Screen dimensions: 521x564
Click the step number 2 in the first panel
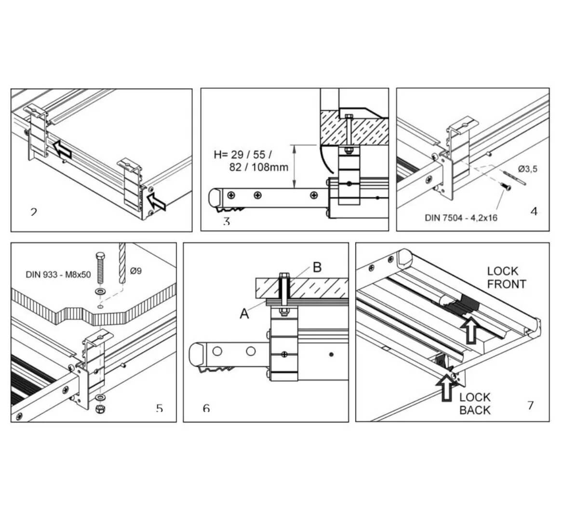point(33,212)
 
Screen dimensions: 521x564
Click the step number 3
point(227,222)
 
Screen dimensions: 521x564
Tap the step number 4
point(534,211)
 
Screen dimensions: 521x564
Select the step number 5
point(159,408)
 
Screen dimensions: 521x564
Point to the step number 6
point(206,408)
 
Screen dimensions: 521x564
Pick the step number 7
point(530,405)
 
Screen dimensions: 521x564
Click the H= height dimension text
point(251,161)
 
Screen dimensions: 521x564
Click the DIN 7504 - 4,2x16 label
point(461,217)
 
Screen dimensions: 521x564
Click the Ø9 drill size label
point(136,271)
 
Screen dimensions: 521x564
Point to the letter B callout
point(317,268)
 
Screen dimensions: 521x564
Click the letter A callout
point(245,313)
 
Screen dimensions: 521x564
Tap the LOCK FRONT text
point(506,278)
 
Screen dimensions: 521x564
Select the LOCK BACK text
point(475,404)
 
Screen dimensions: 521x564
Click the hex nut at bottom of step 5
point(101,409)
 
